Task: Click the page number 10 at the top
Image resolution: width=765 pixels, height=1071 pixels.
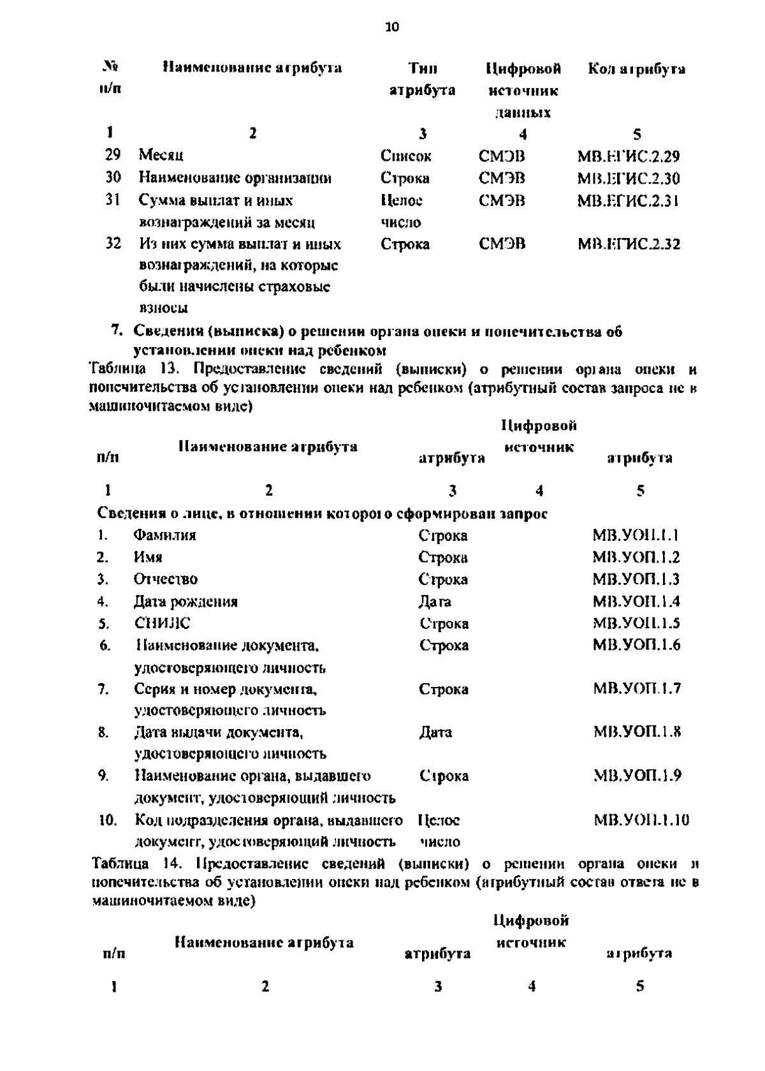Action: (x=392, y=27)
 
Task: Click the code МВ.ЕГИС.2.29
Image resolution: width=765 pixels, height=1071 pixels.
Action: (x=628, y=156)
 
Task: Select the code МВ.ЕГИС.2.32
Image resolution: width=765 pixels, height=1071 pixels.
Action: (x=628, y=244)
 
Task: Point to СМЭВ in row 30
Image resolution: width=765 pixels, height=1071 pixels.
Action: (x=502, y=178)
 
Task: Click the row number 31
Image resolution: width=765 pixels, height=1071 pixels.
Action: (x=112, y=200)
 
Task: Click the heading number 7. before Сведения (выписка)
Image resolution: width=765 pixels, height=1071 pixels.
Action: (x=116, y=332)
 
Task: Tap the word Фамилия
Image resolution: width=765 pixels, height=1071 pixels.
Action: (x=164, y=535)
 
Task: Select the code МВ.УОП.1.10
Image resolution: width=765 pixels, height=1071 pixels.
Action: (x=641, y=820)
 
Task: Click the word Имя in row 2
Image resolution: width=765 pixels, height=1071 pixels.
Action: (x=147, y=557)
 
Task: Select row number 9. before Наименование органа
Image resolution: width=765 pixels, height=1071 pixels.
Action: (x=103, y=776)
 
